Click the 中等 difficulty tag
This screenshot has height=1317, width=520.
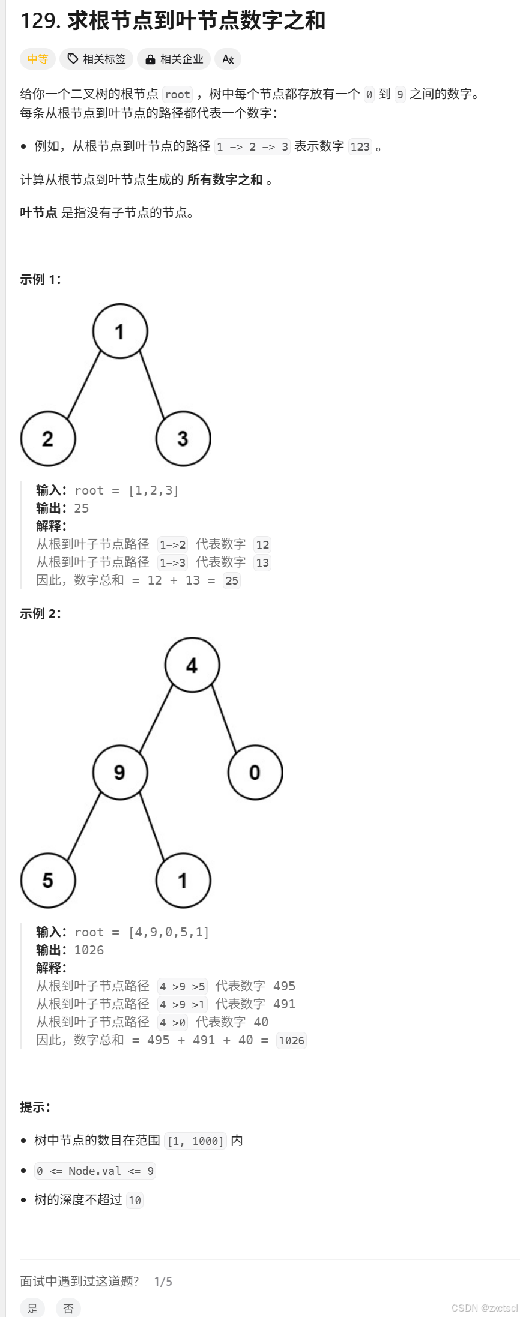(x=37, y=59)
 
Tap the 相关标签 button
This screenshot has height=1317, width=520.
(x=97, y=59)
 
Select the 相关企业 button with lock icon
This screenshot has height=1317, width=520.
(x=174, y=59)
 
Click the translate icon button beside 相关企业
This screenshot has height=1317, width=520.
(x=228, y=59)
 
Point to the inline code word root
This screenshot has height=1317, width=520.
(x=178, y=94)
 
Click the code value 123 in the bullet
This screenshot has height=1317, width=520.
(x=360, y=147)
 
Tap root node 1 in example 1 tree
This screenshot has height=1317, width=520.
(x=120, y=331)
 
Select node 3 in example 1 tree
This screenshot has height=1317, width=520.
(x=183, y=439)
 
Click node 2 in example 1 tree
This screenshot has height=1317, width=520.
(x=48, y=439)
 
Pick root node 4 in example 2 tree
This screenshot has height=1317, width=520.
(x=192, y=665)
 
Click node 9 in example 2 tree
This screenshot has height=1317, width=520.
(x=120, y=772)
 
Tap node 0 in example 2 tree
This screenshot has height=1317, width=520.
(x=255, y=772)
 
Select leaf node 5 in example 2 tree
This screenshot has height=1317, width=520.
(x=48, y=880)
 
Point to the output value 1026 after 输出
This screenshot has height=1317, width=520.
(x=89, y=950)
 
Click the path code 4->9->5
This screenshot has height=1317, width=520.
(x=182, y=986)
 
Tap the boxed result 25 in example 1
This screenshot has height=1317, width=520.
(x=232, y=580)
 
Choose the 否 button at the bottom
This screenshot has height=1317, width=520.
(x=68, y=1309)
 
